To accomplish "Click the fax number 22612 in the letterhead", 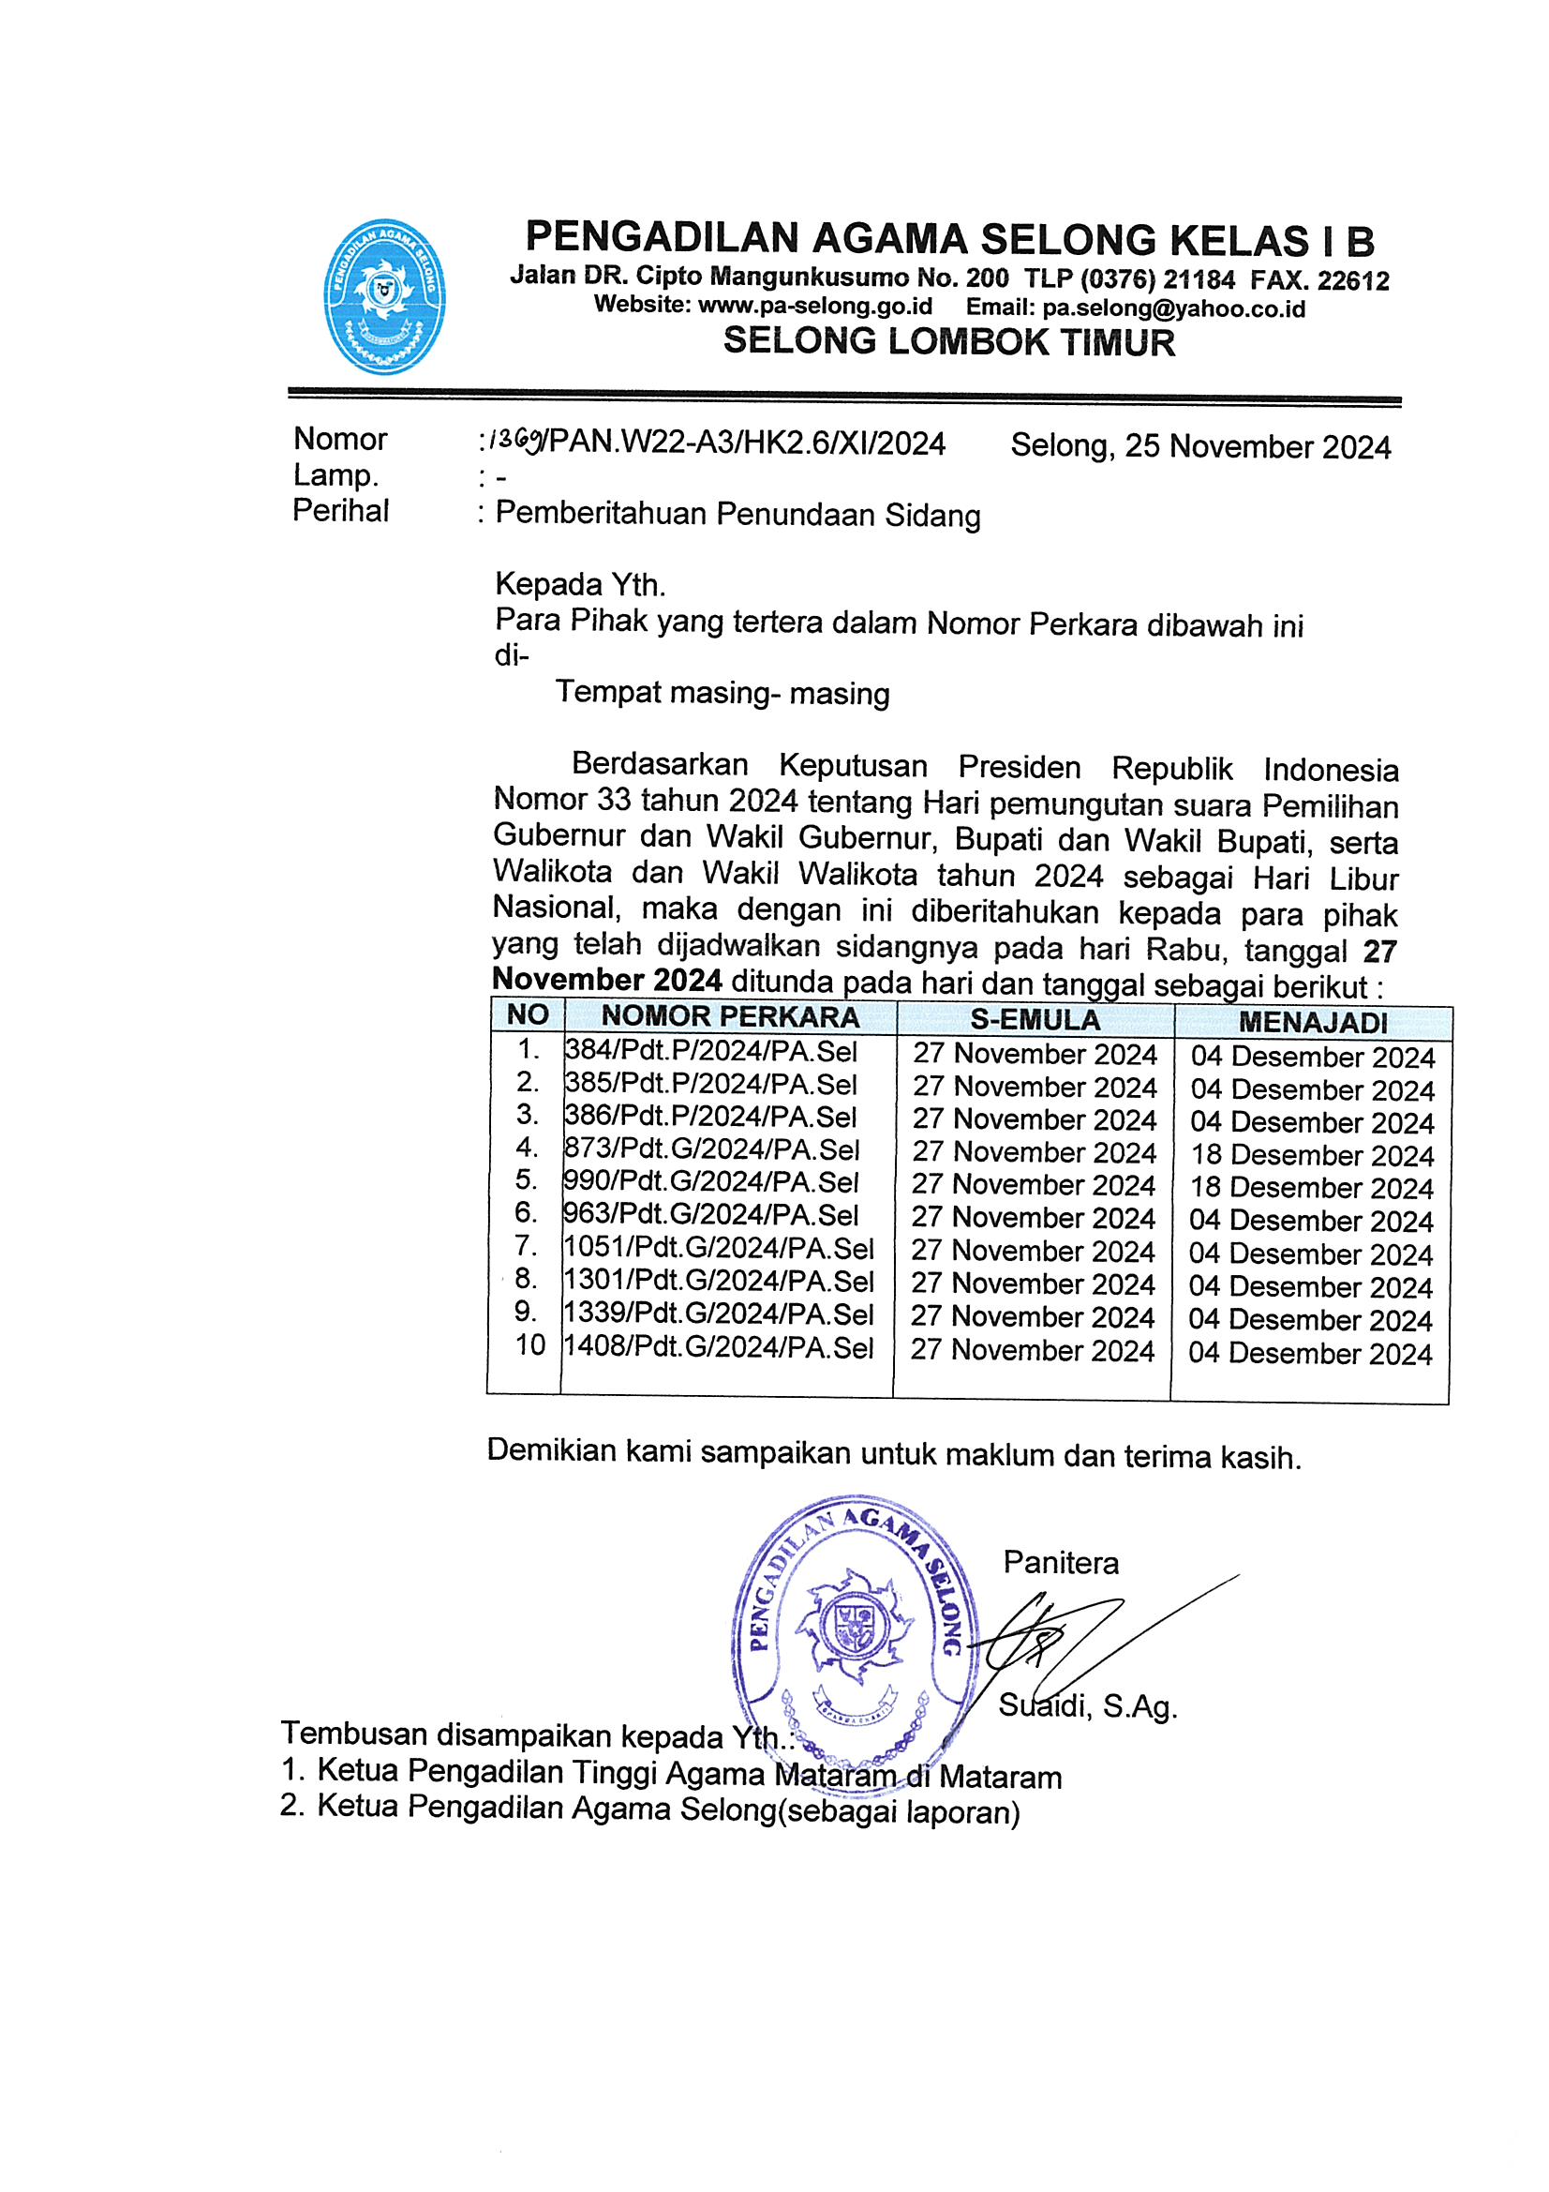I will tap(1352, 280).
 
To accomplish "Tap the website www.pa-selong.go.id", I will tap(815, 307).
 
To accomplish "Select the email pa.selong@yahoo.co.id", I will tap(1173, 308).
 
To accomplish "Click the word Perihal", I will tap(340, 511).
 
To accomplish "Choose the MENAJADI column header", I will tap(1313, 1023).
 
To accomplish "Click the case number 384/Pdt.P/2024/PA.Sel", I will tap(711, 1051).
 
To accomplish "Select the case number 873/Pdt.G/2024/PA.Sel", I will tap(712, 1149).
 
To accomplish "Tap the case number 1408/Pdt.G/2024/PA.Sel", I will tap(719, 1347).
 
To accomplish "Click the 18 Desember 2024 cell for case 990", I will tap(1312, 1188).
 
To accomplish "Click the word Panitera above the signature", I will tap(1061, 1562).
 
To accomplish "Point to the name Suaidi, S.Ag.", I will tap(1088, 1706).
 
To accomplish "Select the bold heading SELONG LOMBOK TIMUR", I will tap(948, 342).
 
